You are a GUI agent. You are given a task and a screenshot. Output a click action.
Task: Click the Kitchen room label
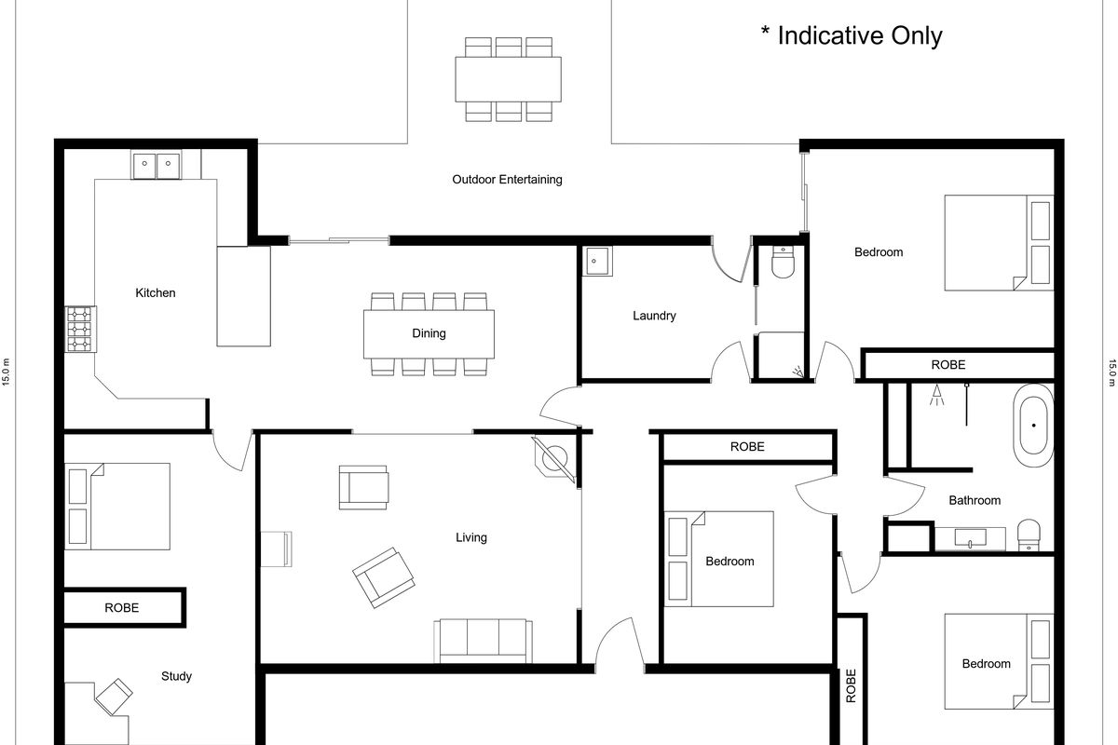[156, 293]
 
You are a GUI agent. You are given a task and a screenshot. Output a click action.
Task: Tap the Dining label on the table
[429, 333]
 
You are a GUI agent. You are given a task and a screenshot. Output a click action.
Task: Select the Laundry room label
[654, 316]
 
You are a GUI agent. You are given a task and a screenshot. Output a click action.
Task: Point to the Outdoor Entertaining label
[507, 180]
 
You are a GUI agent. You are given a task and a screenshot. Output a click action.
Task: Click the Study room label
[176, 676]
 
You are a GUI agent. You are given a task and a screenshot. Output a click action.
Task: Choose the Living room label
[471, 537]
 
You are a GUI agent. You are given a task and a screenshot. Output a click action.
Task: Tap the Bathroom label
[975, 500]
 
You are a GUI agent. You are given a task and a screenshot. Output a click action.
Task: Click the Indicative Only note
[852, 36]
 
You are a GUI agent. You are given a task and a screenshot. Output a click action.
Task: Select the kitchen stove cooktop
[80, 330]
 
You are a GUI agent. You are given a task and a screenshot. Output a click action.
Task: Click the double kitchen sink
[157, 164]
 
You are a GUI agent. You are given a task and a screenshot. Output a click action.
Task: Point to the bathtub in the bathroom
[1033, 426]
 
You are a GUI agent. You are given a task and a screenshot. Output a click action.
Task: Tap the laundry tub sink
[597, 261]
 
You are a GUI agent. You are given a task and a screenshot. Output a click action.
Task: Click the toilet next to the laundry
[783, 262]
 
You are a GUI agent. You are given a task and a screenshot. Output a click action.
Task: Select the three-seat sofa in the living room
[484, 642]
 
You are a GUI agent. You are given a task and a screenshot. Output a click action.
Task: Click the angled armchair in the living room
[384, 577]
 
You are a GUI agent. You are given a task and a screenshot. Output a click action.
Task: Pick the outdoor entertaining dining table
[508, 79]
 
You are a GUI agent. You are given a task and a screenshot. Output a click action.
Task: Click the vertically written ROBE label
[851, 686]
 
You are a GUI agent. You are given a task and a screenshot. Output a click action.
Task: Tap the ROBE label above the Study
[122, 608]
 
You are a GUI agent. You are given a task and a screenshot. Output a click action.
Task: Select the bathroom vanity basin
[970, 538]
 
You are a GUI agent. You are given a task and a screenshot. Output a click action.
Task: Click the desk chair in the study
[114, 696]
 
